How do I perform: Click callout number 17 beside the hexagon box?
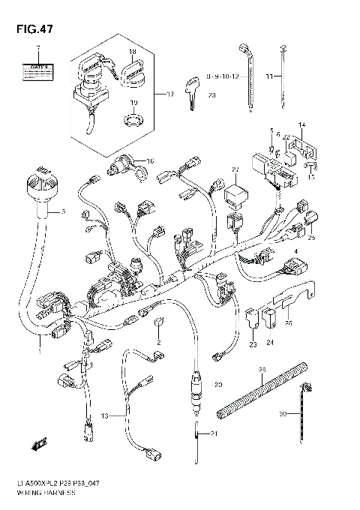169,94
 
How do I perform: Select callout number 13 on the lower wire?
105,415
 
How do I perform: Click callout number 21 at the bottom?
214,434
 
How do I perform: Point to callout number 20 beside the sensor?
218,385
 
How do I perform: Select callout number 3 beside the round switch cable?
63,212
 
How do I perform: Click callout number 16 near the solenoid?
150,161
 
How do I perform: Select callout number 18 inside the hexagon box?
131,52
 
